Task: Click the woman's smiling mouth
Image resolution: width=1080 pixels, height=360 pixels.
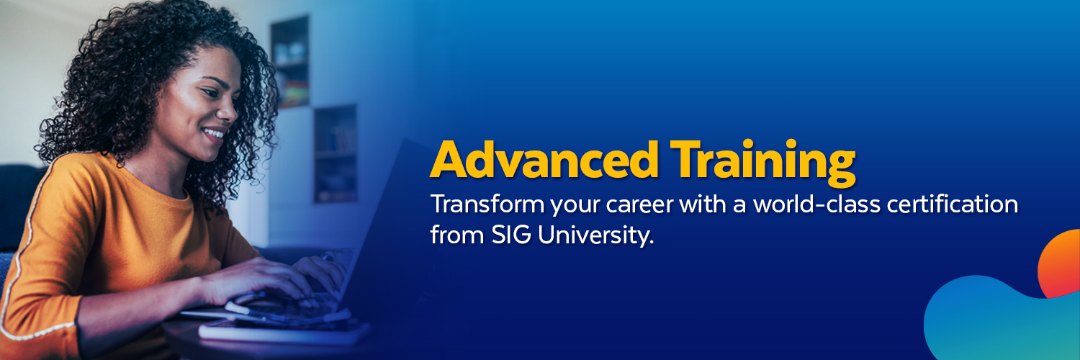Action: click(214, 133)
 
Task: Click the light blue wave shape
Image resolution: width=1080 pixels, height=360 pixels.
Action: click(994, 324)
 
